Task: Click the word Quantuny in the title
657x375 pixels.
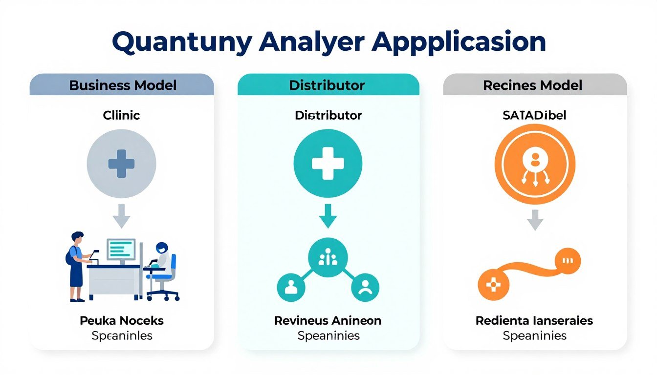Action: point(181,42)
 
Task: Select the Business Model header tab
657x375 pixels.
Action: point(122,85)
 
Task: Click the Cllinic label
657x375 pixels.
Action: point(121,115)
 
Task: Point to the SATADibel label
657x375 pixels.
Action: point(534,116)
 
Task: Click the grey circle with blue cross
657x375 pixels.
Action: point(121,163)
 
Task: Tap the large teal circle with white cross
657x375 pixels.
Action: point(328,163)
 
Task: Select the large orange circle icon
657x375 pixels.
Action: point(534,163)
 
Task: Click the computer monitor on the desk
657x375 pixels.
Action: point(121,250)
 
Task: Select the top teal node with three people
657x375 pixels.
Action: point(328,258)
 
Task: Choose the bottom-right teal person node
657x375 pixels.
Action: point(364,287)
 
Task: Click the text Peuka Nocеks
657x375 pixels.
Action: point(122,321)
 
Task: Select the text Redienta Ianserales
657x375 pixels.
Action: point(534,321)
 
